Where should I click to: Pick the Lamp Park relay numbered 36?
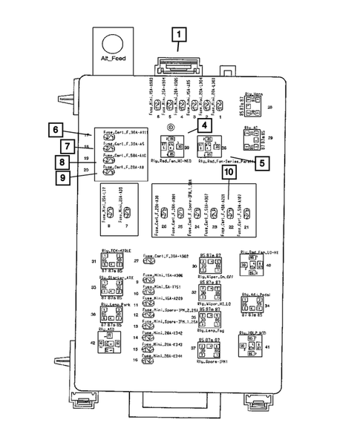pyautogui.click(x=108, y=315)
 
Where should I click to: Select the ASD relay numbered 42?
pyautogui.click(x=108, y=344)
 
